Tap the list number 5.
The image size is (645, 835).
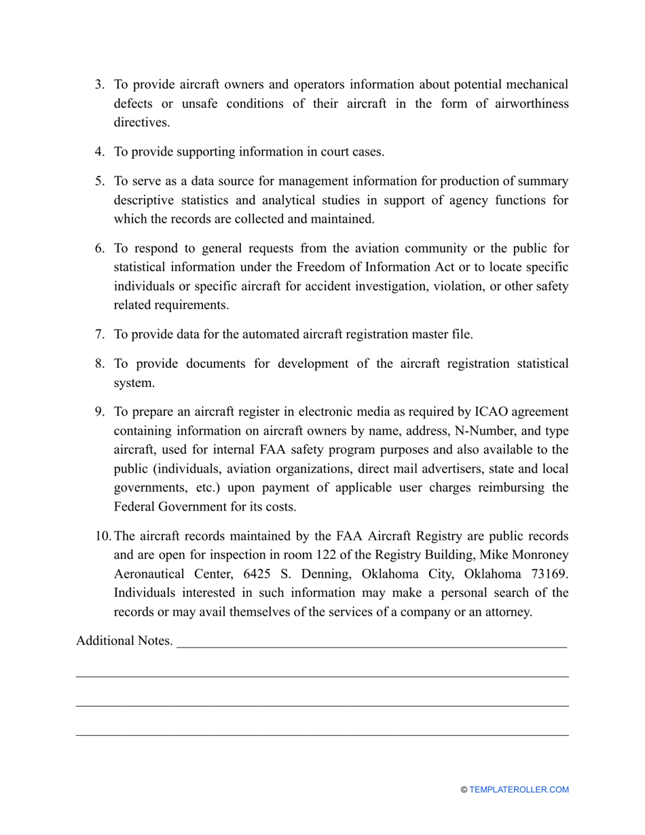point(99,181)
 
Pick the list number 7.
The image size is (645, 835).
point(99,334)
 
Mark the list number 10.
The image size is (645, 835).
point(103,536)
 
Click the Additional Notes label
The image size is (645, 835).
point(124,642)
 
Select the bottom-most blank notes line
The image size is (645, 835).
point(322,735)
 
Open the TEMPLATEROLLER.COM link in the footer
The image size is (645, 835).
point(519,790)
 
